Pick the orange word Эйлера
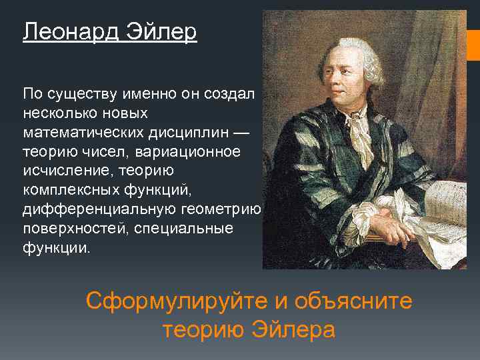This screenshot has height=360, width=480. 293,329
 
